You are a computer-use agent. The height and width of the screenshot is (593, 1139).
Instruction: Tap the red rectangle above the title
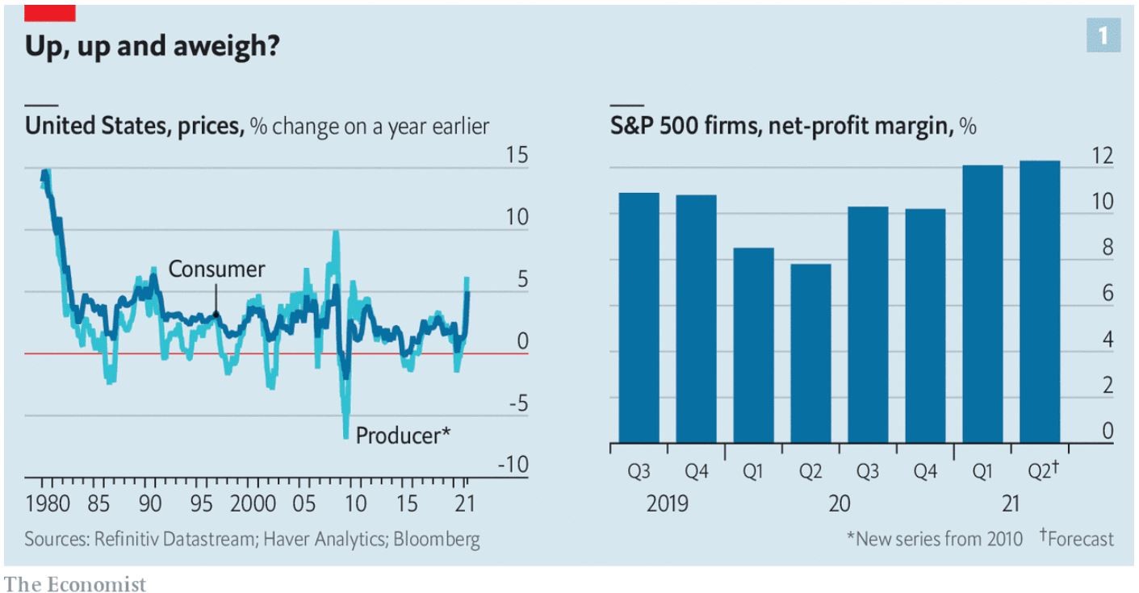[x=50, y=13]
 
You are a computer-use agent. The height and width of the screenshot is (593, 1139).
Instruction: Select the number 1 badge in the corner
[x=1103, y=36]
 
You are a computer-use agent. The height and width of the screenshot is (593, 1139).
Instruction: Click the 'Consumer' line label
[x=216, y=269]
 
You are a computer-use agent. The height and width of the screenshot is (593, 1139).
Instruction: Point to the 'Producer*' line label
[x=403, y=436]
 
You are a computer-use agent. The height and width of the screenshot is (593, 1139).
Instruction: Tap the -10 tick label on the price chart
[x=513, y=466]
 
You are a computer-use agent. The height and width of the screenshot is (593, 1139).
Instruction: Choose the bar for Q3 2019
[x=639, y=318]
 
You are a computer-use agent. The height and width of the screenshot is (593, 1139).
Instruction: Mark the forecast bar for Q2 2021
[x=1040, y=302]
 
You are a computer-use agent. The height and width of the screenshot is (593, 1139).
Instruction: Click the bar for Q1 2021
[x=982, y=304]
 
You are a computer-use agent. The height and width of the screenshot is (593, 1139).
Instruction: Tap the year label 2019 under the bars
[x=667, y=503]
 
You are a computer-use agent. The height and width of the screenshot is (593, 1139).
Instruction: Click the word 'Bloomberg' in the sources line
[x=436, y=539]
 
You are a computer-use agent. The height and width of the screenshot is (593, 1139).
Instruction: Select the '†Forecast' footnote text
[x=1076, y=539]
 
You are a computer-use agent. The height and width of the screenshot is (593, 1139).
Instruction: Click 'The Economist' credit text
[x=76, y=583]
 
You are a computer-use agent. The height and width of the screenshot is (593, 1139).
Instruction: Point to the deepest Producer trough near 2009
[x=346, y=436]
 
